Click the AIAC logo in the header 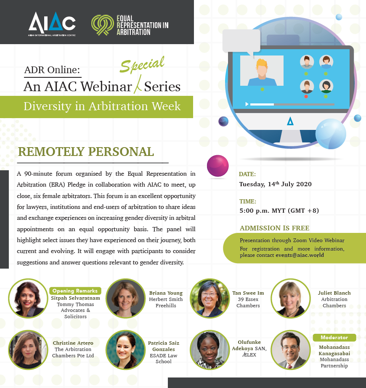point(52,24)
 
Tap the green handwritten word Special point(142,64)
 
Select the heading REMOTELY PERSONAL point(86,152)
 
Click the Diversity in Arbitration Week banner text point(102,106)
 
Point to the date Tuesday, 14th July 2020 point(275,184)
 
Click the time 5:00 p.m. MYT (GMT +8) point(279,211)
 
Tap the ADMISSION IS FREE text point(274,228)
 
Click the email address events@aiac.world point(300,255)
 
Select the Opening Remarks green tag point(75,291)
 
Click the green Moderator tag point(334,338)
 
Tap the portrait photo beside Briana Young point(125,298)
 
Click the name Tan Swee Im point(248,293)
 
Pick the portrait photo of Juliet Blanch point(290,298)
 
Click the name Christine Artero point(73,343)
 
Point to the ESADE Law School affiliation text point(163,359)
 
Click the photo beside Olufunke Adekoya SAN point(210,350)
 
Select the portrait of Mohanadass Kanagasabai point(290,350)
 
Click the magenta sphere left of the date point(217,166)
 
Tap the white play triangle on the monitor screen point(247,104)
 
